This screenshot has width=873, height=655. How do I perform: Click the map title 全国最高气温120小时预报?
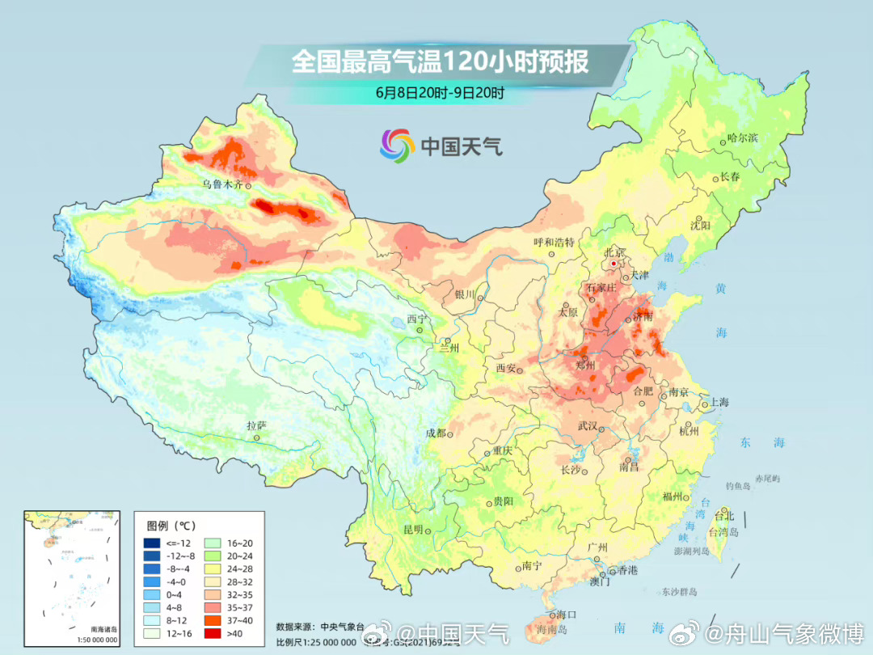point(440,62)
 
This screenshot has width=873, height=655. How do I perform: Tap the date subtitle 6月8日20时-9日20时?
point(440,92)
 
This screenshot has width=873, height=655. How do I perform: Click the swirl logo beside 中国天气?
point(397,146)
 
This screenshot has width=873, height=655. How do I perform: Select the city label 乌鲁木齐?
point(222,184)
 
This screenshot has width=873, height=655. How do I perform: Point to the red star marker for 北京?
point(614,264)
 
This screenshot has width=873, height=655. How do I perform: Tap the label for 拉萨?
point(257,425)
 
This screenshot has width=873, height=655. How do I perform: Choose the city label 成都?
point(435,433)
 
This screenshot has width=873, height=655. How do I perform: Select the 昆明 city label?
point(413,530)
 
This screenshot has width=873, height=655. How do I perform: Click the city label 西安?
point(505,368)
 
